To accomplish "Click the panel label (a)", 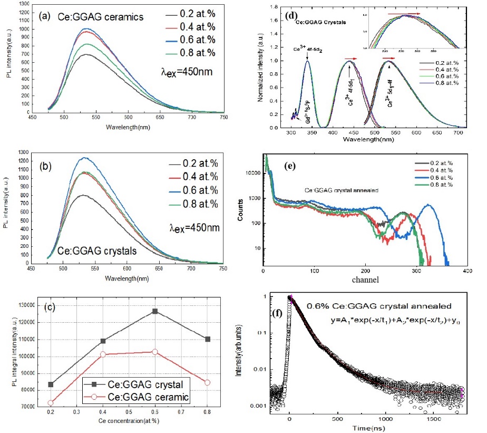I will [x=45, y=16].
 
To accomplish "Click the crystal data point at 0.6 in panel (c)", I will [x=154, y=311].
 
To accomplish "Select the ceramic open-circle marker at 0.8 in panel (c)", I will [x=208, y=382].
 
